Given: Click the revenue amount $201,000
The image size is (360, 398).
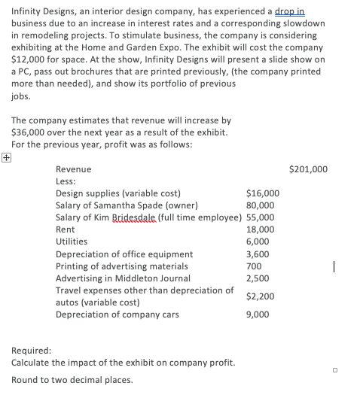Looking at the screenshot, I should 309,169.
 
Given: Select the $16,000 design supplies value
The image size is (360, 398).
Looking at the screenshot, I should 262,193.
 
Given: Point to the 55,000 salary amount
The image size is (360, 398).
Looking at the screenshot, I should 259,217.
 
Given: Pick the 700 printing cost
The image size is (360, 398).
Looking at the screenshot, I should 254,266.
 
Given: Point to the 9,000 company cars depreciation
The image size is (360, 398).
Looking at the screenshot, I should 257,314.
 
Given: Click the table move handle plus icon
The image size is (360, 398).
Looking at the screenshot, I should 6,158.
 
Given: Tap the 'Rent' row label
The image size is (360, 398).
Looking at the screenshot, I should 66,229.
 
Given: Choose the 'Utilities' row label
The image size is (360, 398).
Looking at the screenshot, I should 72,242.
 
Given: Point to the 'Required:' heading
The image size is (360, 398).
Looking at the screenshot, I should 32,351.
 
